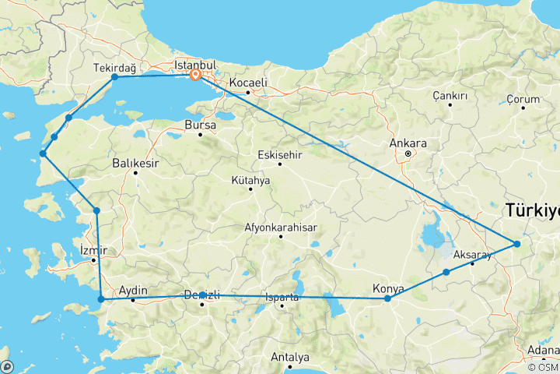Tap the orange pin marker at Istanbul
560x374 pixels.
(x=196, y=76)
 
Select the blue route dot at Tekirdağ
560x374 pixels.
(x=115, y=77)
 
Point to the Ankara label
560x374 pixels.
(x=410, y=143)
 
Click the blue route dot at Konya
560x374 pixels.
(x=387, y=298)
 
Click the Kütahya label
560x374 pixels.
(x=250, y=181)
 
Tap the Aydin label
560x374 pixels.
(x=132, y=290)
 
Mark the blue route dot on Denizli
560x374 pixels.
(x=202, y=295)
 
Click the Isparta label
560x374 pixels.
(x=282, y=295)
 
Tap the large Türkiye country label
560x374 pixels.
(x=532, y=210)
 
